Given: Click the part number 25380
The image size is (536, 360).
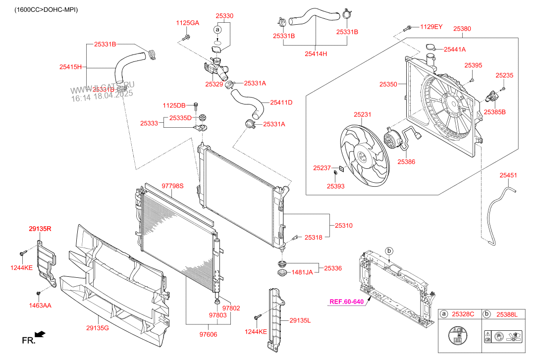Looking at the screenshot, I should point(462,29).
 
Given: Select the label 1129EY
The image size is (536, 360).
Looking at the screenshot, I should point(431,26).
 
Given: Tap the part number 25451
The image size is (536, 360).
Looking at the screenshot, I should point(508,175).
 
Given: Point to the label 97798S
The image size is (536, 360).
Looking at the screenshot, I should point(172,186).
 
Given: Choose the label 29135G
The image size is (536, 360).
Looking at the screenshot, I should point(98,328).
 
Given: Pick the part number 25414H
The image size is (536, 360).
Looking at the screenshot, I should point(316,54).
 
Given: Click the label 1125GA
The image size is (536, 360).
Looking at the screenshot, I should point(187,23).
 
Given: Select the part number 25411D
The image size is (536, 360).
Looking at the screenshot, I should point(281,103).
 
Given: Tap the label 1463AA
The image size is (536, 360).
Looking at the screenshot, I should point(40,306).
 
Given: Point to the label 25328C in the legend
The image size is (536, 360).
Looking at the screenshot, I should point(464,314).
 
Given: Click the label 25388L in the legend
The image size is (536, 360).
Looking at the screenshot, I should point(507,314).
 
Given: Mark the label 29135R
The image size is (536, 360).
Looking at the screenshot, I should point(40,229).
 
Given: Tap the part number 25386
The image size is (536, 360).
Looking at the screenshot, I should point(406,161).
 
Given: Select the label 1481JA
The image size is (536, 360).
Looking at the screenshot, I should point(302,272).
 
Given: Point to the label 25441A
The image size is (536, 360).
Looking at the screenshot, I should point(455,50).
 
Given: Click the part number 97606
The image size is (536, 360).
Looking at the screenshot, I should point(209,335).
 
